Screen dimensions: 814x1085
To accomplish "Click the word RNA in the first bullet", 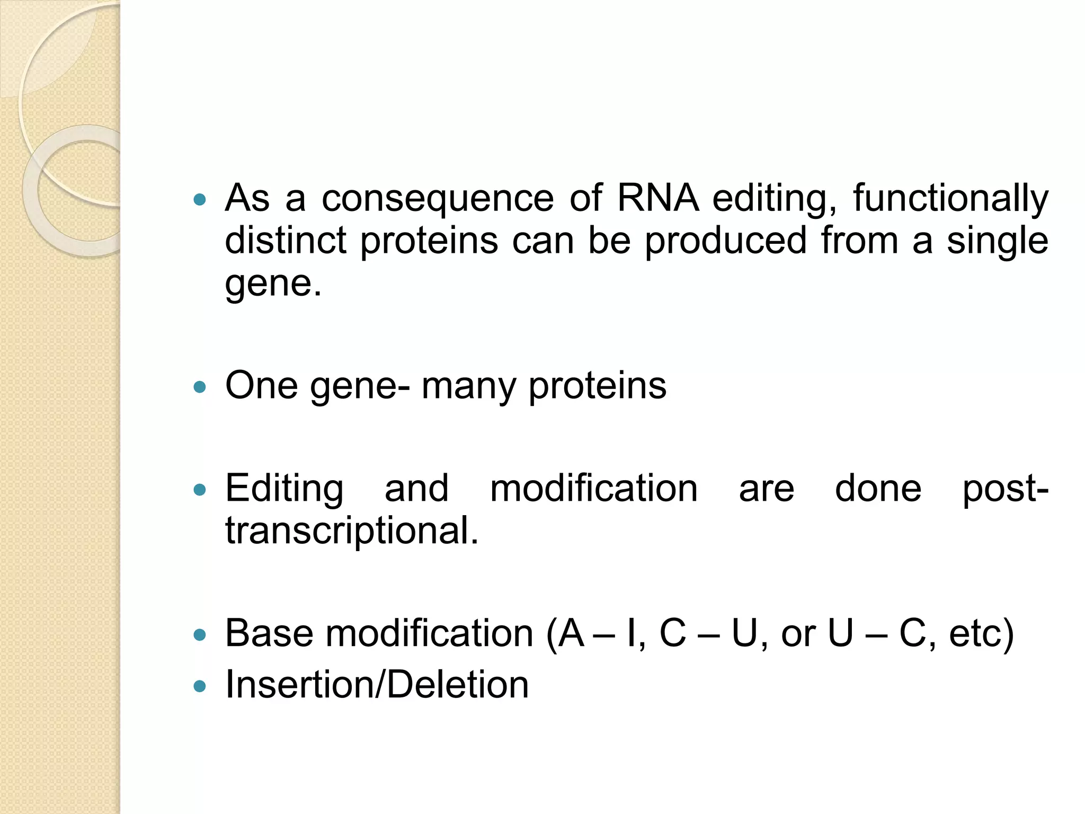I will pyautogui.click(x=657, y=198).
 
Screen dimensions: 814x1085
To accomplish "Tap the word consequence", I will pyautogui.click(x=438, y=198).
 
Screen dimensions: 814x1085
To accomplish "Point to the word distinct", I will pyautogui.click(x=286, y=241).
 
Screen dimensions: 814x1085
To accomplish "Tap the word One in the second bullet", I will pyautogui.click(x=261, y=385).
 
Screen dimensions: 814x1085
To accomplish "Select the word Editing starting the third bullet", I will pyautogui.click(x=284, y=489).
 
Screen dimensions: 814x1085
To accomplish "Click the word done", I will pyautogui.click(x=878, y=488).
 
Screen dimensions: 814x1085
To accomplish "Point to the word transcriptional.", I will pyautogui.click(x=352, y=530).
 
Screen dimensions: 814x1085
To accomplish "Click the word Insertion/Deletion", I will pyautogui.click(x=377, y=684).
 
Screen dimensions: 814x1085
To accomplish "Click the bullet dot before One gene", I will pyautogui.click(x=200, y=387).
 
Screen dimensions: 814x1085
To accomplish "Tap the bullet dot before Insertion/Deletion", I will pyautogui.click(x=200, y=686).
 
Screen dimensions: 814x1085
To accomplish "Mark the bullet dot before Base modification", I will pyautogui.click(x=200, y=634).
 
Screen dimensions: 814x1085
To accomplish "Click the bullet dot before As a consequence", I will pyautogui.click(x=200, y=200).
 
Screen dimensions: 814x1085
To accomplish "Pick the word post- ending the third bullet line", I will pyautogui.click(x=1005, y=489).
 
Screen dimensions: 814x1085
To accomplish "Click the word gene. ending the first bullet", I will pyautogui.click(x=273, y=284).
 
